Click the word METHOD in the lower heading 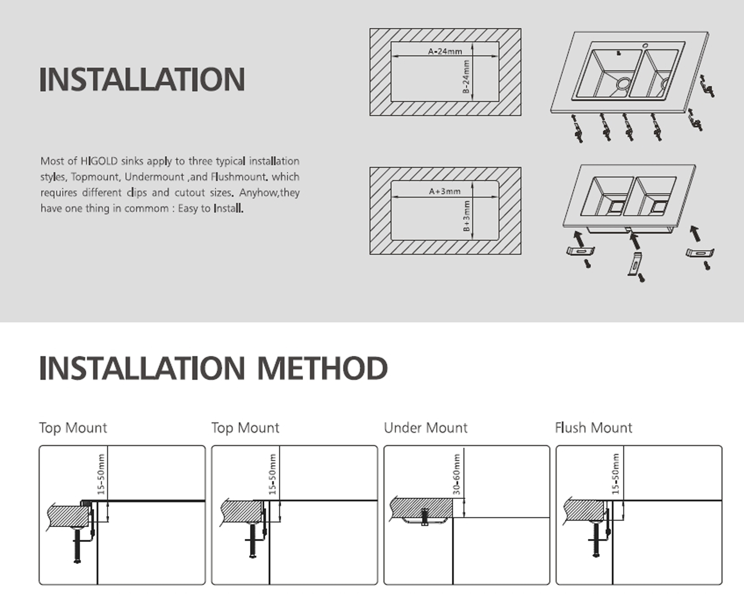pos(322,368)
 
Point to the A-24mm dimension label pos(445,51)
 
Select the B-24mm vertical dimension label pos(466,77)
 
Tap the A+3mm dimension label pos(444,191)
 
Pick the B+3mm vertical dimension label pos(466,216)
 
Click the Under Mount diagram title pos(426,428)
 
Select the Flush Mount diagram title pos(593,428)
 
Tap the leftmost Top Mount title pos(73,428)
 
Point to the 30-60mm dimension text pos(456,474)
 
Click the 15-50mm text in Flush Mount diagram pos(616,474)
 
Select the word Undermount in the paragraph pos(154,177)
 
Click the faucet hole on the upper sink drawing pos(645,46)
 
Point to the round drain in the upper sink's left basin pos(623,83)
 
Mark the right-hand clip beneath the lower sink pos(699,253)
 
